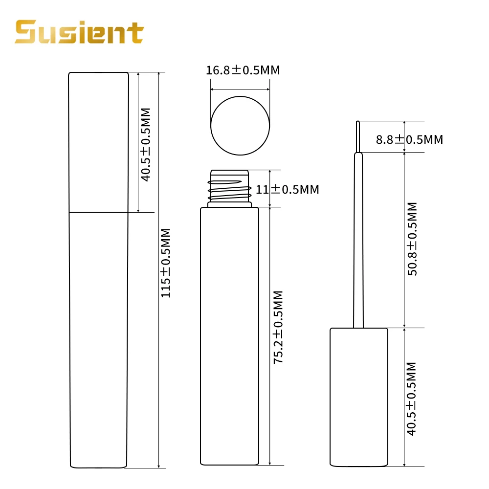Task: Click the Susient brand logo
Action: (x=79, y=32)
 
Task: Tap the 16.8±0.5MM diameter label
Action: (x=243, y=70)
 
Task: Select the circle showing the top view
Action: (x=240, y=125)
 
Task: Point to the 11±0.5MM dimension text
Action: (x=288, y=189)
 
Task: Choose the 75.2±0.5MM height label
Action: (x=278, y=327)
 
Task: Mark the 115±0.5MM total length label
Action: (x=166, y=263)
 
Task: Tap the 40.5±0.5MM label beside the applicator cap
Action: (x=411, y=399)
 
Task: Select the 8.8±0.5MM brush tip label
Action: (x=409, y=139)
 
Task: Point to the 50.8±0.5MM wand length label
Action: (x=412, y=239)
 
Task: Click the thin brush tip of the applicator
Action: (x=358, y=136)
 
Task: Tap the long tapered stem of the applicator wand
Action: (x=358, y=240)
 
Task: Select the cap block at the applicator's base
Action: (x=358, y=397)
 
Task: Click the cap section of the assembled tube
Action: (x=98, y=142)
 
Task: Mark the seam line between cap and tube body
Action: (x=98, y=212)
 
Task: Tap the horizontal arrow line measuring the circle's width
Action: (x=240, y=89)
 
